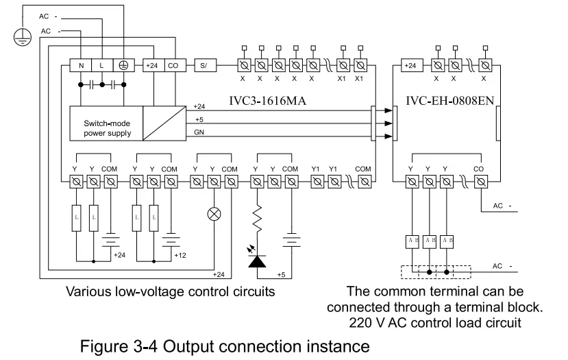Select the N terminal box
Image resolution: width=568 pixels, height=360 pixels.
(80, 66)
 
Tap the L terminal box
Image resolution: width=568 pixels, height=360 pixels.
(102, 66)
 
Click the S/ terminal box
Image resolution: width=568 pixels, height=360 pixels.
(204, 66)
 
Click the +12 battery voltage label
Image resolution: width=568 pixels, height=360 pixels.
(180, 254)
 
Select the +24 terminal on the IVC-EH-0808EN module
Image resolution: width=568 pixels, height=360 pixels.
(410, 66)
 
